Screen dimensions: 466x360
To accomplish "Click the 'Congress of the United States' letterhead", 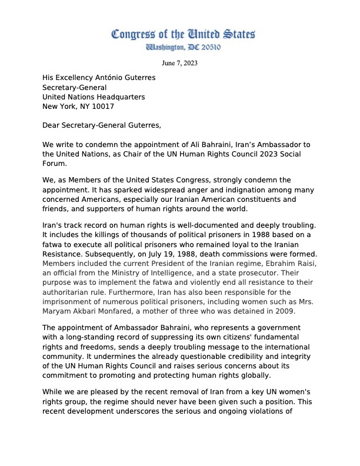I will tap(184, 35).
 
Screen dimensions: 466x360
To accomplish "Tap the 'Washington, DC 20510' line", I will tap(184, 48).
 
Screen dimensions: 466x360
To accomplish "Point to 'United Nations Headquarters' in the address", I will tap(94, 96).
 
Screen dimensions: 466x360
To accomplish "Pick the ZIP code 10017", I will tap(102, 106).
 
